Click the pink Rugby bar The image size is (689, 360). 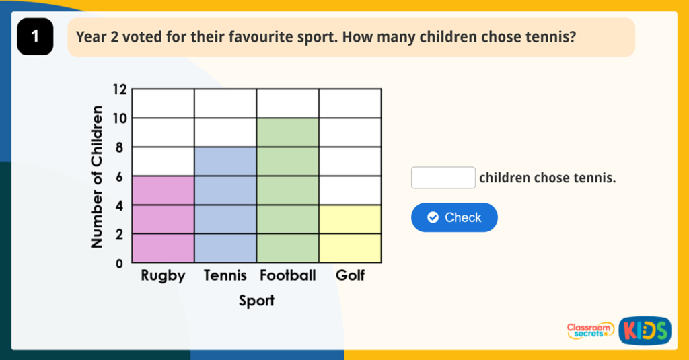coord(163,219)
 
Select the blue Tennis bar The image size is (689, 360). coord(225,205)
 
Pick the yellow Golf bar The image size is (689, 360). coord(350,233)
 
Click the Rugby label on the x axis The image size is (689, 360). coord(163,276)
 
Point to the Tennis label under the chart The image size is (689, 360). coord(225,276)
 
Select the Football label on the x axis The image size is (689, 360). coord(287,276)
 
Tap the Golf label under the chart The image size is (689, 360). coord(350,276)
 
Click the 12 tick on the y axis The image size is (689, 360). coord(119,89)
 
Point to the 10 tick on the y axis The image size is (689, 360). coord(119,118)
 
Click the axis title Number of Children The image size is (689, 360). coord(98,176)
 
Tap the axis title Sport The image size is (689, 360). coord(256,301)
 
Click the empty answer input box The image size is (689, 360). coord(443,178)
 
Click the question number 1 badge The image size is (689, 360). coord(35,37)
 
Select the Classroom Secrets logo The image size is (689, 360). coord(590,330)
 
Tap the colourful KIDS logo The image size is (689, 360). coord(645,330)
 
